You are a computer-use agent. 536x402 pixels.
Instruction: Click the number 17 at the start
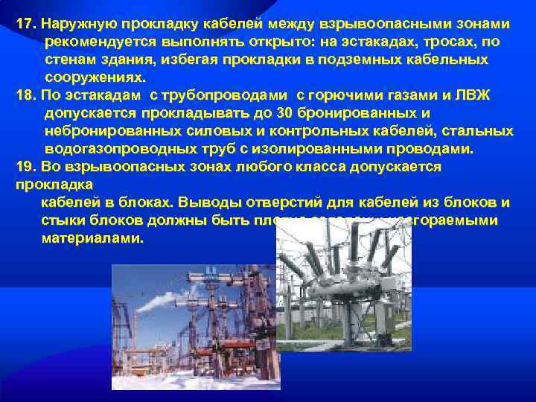point(25,23)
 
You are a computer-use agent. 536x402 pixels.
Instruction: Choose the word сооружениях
point(96,77)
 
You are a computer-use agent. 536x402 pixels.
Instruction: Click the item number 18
point(25,95)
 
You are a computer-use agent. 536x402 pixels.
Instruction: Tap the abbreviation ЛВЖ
point(473,95)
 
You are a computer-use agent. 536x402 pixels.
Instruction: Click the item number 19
point(25,166)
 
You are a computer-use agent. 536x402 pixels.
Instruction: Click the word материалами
point(92,238)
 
